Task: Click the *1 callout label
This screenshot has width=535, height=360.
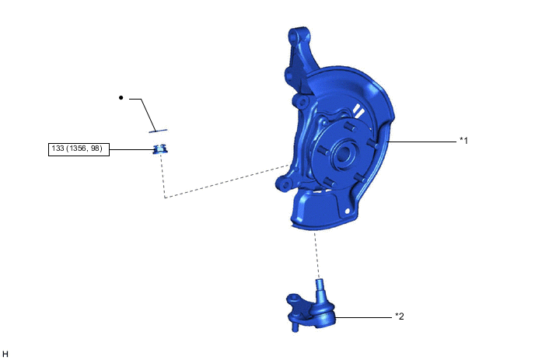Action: point(463,140)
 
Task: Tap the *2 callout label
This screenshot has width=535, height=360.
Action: point(400,316)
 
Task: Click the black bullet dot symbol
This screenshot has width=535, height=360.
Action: point(121,98)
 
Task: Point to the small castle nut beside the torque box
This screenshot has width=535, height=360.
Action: point(159,149)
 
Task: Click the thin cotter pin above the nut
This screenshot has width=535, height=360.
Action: point(158,131)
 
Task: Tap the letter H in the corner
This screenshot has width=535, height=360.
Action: point(5,354)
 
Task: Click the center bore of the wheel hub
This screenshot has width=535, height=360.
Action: point(343,152)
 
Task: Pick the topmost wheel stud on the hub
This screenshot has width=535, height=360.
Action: point(349,127)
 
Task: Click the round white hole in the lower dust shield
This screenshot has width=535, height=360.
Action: point(348,211)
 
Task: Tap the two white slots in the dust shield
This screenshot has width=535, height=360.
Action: point(358,111)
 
